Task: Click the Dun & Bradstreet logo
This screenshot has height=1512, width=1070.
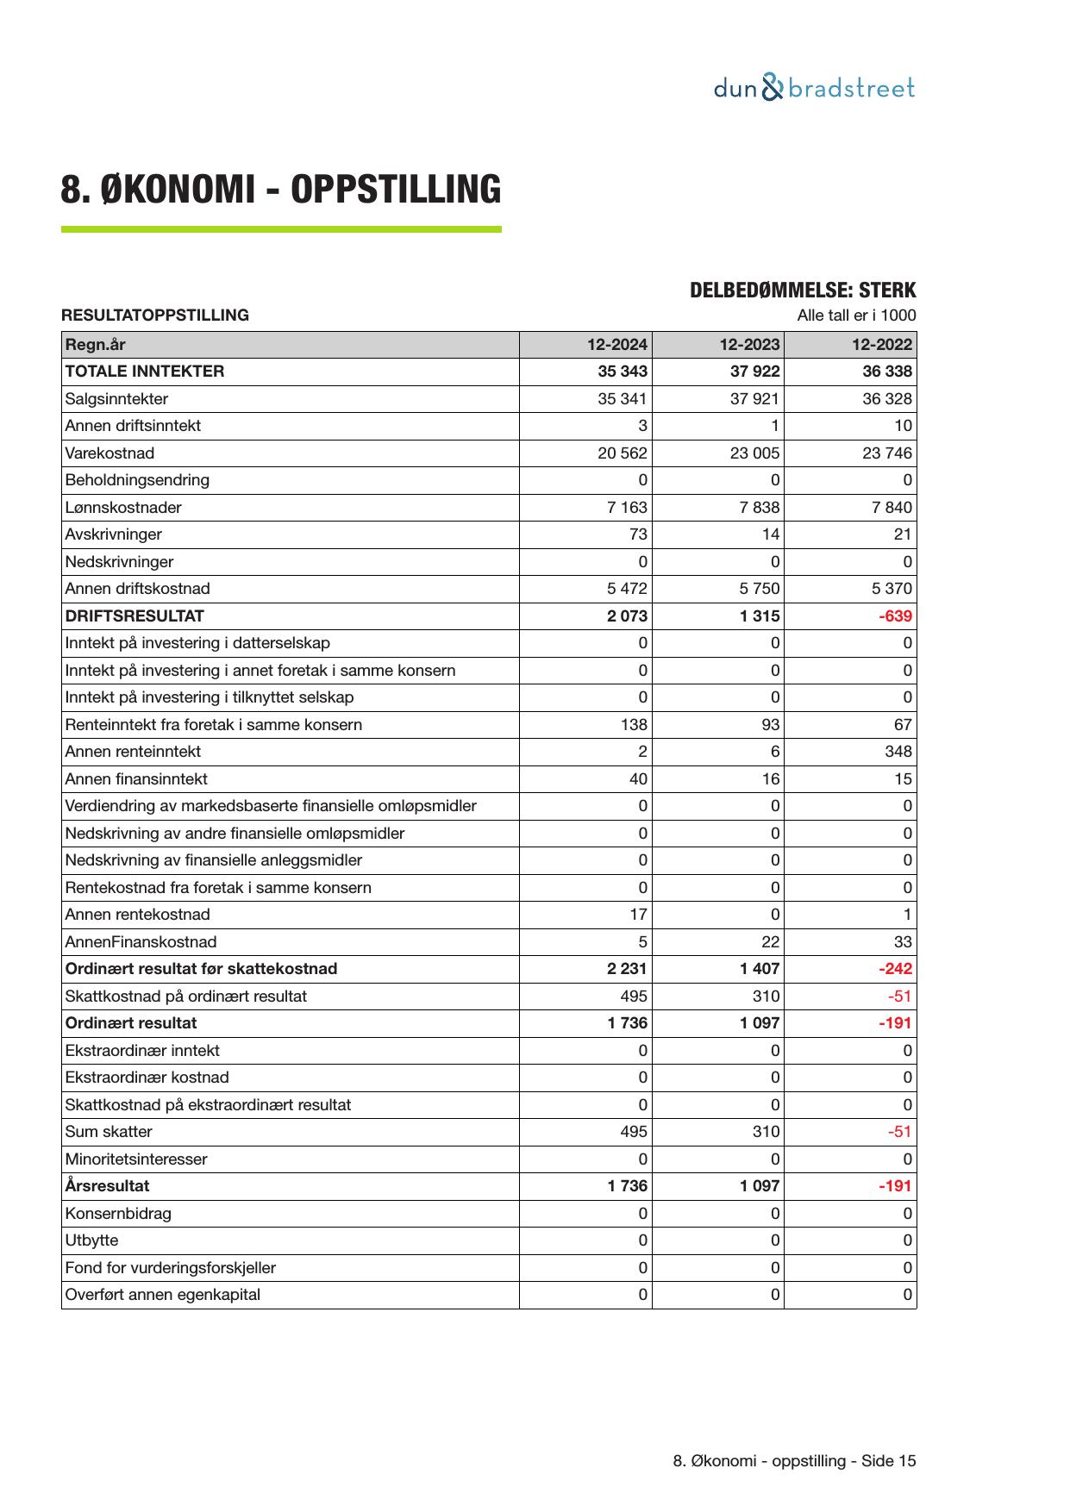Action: tap(814, 88)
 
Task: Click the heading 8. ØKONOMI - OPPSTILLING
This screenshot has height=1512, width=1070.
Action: tap(280, 189)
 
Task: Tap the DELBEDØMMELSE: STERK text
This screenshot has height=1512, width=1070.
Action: tap(802, 291)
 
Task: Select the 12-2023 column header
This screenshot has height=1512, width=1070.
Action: tap(749, 345)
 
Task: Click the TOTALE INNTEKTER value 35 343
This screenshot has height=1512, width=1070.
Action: tap(622, 372)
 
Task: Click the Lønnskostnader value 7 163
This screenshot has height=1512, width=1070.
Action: tap(627, 508)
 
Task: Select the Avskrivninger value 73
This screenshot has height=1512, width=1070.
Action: tap(637, 534)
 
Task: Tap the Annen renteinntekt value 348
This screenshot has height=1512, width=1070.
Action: tap(898, 752)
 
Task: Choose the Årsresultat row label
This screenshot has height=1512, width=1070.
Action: tap(107, 1186)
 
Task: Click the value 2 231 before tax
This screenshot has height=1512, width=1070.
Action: tap(626, 969)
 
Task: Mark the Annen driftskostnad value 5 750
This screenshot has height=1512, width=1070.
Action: tap(759, 589)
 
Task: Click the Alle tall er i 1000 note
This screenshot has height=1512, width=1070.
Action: tap(856, 316)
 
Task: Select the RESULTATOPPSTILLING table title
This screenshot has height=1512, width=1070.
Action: tap(155, 316)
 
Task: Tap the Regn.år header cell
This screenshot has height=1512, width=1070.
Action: tap(95, 345)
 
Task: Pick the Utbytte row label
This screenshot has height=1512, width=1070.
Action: tap(91, 1240)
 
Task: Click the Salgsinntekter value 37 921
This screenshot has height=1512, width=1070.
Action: tap(754, 399)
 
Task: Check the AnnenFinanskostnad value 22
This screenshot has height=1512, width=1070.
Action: tap(770, 942)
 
